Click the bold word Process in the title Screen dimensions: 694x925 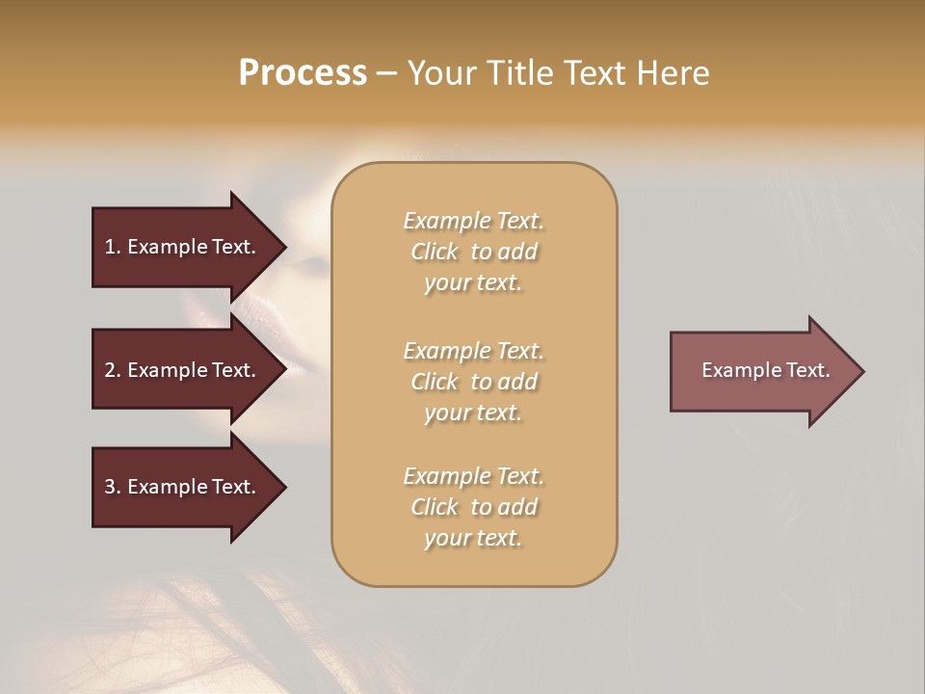(x=303, y=73)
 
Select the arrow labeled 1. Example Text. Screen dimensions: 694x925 (x=181, y=247)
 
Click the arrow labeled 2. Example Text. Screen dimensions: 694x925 (x=181, y=370)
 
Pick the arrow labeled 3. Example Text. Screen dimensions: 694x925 (x=181, y=487)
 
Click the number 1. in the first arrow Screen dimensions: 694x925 (x=113, y=247)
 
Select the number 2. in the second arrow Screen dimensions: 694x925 (x=113, y=370)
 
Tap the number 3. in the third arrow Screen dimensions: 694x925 (x=113, y=487)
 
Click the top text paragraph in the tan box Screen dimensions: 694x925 (x=473, y=252)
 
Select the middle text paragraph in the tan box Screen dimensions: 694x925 (x=473, y=382)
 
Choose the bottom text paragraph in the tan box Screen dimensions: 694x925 (x=473, y=507)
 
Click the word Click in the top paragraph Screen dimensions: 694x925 (x=435, y=252)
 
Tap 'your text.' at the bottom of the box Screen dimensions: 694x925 (x=473, y=538)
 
